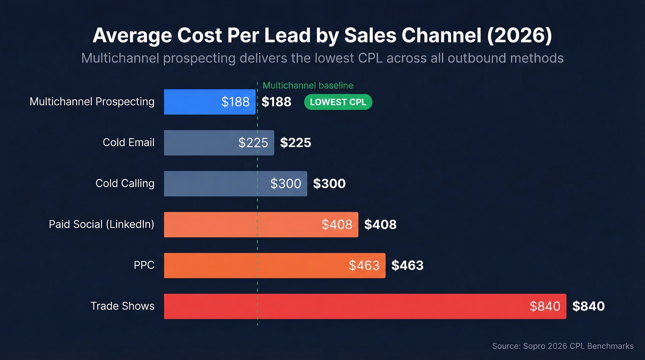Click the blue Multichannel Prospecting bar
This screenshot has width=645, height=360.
click(210, 102)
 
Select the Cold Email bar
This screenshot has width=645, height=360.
click(219, 143)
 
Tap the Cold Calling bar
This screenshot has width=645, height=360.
click(235, 184)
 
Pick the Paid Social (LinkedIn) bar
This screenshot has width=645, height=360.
click(261, 224)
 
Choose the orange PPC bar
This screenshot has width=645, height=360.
click(275, 266)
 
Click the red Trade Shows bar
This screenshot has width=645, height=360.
click(365, 307)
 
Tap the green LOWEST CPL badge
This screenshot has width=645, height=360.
click(338, 102)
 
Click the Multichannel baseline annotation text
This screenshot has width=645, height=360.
click(308, 85)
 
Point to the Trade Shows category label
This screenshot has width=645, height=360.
click(122, 306)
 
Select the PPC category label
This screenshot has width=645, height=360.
click(144, 266)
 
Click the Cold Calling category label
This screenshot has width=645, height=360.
click(125, 183)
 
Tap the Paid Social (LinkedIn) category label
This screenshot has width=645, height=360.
click(101, 224)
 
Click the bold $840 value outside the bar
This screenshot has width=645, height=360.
click(588, 307)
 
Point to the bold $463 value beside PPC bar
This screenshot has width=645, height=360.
click(407, 266)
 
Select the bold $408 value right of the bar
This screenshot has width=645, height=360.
click(380, 225)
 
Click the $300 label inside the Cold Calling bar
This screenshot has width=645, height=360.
click(286, 184)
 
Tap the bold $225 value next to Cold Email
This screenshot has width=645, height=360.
click(295, 143)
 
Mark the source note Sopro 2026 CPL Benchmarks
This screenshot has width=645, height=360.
click(563, 346)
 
